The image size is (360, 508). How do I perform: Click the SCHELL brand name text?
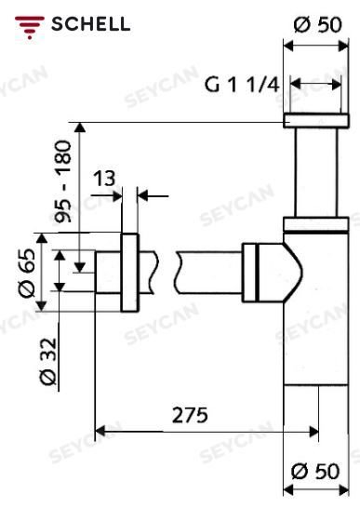tap(91, 24)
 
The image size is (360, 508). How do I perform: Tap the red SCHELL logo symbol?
tap(30, 27)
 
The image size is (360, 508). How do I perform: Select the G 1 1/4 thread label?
tap(242, 86)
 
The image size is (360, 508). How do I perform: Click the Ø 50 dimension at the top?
tap(317, 24)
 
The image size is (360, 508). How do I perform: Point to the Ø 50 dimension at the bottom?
tap(315, 472)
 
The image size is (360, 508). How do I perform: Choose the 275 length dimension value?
tap(190, 415)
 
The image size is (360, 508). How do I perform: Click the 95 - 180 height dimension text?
tap(62, 181)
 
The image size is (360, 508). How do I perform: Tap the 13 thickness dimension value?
tap(104, 179)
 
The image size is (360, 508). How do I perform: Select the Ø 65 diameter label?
tap(27, 273)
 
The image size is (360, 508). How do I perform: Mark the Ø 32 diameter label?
tap(48, 362)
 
